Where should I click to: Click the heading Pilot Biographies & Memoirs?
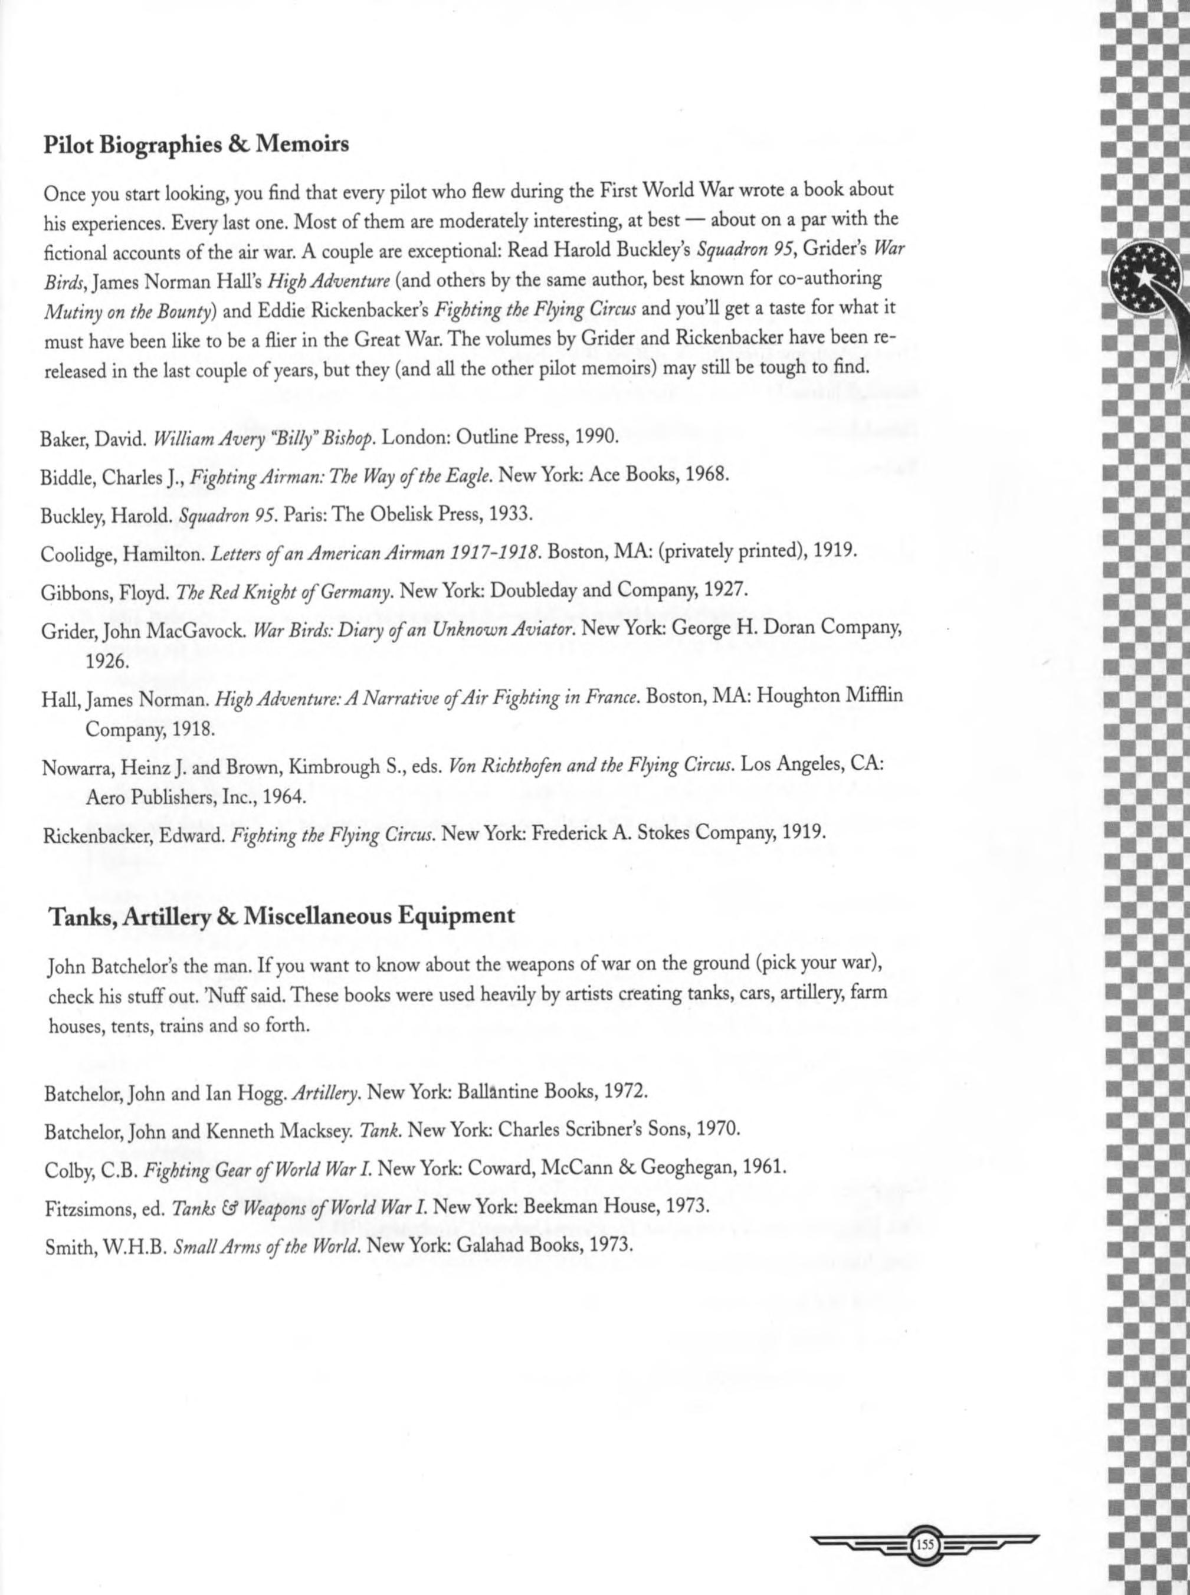pos(196,145)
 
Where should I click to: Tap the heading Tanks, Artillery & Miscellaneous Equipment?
pos(281,916)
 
